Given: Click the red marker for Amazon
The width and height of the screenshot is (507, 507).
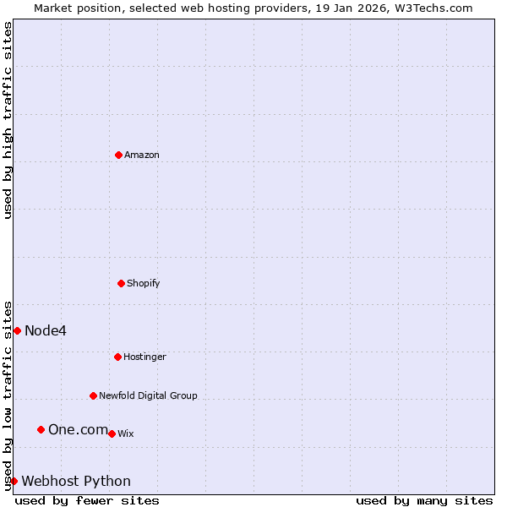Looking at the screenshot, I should [118, 155].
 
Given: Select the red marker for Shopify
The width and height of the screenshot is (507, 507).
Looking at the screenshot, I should [121, 283].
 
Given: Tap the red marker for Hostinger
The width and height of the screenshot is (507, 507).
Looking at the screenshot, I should [117, 357].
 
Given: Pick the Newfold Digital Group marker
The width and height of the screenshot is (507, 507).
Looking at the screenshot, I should [93, 395].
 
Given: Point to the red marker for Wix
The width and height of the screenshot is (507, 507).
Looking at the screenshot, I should [112, 433].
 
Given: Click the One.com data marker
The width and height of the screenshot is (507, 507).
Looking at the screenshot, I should [41, 430].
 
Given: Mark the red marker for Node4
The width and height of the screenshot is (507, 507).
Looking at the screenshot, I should [17, 330].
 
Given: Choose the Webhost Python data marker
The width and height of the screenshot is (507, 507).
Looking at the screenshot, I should [14, 481].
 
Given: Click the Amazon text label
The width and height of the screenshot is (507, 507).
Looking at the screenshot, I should [142, 155].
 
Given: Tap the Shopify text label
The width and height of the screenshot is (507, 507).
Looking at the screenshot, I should [144, 283].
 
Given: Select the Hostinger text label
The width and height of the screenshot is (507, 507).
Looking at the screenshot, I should [144, 357].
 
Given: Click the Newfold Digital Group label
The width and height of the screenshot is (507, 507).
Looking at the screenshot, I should [148, 395].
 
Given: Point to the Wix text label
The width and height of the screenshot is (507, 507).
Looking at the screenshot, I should [126, 433].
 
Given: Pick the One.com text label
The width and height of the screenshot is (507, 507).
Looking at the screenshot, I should [78, 430].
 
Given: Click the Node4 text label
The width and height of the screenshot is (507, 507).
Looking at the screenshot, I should [46, 330].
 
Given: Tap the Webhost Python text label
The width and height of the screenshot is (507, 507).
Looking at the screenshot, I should [76, 482].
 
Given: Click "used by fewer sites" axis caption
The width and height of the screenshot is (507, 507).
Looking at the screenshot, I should [87, 500].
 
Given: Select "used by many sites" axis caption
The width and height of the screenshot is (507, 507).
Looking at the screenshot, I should [424, 500].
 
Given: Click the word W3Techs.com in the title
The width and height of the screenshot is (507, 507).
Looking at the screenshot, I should [436, 8].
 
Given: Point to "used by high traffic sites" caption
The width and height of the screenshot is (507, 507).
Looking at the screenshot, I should [8, 120].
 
